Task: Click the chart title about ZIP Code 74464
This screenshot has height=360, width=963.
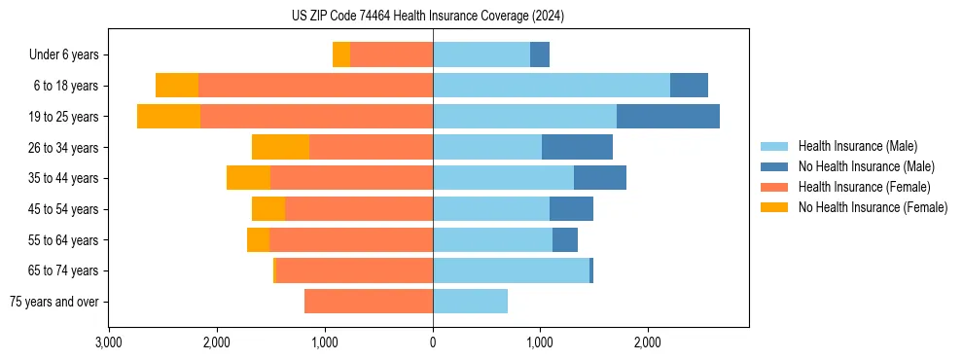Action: tap(428, 17)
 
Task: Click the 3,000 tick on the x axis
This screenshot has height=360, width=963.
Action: tap(109, 342)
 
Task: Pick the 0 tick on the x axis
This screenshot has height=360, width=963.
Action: tap(433, 342)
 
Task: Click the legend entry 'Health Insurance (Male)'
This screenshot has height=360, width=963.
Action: tap(857, 146)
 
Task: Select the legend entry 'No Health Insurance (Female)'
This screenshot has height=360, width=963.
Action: tap(873, 207)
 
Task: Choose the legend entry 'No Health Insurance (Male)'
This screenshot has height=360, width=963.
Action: tap(866, 166)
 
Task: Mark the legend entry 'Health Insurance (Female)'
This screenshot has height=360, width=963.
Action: tap(864, 187)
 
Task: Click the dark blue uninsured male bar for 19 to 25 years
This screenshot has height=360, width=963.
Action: tap(668, 117)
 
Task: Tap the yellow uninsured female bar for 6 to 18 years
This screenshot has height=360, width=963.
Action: tap(177, 86)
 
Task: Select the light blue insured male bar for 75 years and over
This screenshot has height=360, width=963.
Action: tap(470, 302)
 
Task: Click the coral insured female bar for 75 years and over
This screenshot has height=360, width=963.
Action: tap(369, 302)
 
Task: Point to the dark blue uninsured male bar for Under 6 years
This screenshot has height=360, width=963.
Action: tap(540, 54)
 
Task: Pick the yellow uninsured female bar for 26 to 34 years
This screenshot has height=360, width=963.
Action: tap(281, 147)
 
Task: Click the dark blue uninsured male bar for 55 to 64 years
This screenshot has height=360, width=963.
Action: tap(565, 239)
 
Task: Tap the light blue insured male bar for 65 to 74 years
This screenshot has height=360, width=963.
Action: tap(511, 270)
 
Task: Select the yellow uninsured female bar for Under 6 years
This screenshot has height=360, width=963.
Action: tap(341, 54)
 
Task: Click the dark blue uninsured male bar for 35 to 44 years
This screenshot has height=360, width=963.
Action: tap(600, 178)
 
